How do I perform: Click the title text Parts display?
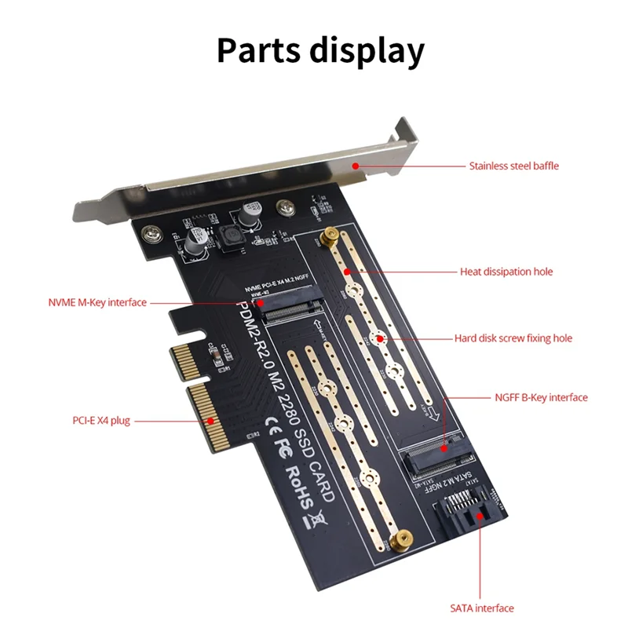[320, 49]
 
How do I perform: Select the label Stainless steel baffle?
[513, 166]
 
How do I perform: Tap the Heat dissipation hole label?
[506, 272]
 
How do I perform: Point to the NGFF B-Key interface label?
[541, 397]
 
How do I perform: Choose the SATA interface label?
[482, 608]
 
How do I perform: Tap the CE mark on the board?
[266, 422]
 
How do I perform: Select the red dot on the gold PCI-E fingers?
[211, 421]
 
